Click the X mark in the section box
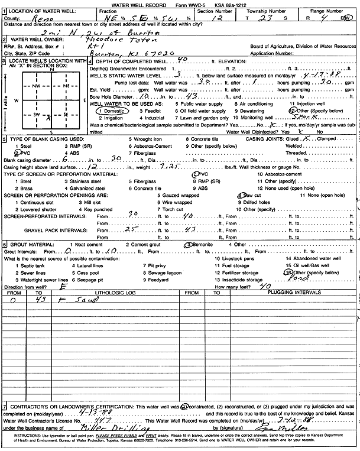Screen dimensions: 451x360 pos(48,117)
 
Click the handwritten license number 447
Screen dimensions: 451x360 pos(94,420)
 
